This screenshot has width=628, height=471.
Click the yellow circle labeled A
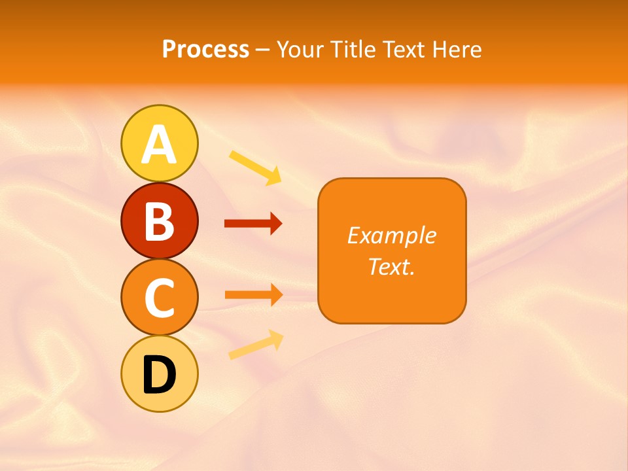point(159,143)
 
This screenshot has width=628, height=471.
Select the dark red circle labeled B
point(159,220)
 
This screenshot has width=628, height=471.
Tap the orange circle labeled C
point(159,298)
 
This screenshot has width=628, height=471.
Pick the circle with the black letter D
point(159,374)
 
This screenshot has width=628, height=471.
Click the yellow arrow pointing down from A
point(255,167)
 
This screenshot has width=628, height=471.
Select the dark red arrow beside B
point(253,224)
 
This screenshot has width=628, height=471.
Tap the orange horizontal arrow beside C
point(253,294)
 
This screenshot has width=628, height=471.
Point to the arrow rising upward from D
point(255,345)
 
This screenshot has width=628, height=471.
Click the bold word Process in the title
point(205,50)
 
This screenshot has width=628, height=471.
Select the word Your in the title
point(298,50)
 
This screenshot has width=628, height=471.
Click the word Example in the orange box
point(391,235)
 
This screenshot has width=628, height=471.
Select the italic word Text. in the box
point(391,266)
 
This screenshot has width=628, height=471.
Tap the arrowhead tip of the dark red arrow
point(280,224)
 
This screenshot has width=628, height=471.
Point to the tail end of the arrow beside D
point(231,356)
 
